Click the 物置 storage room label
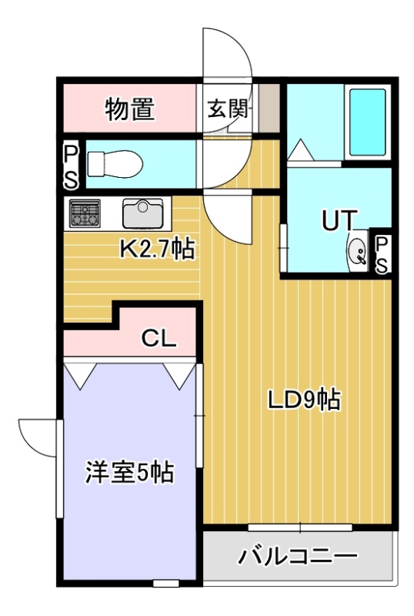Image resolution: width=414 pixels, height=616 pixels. point(129,109)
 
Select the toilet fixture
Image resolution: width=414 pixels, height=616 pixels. point(115,163)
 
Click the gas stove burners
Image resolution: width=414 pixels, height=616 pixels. point(85,213)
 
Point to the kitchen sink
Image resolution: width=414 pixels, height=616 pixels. point(142,213)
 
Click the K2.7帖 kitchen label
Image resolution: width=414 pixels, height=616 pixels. point(157,249)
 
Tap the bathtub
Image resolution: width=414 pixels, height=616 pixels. point(368,122)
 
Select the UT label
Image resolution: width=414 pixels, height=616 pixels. point(340,220)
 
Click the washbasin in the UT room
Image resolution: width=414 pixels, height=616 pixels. point(358,251)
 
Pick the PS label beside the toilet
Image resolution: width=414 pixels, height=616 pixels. point(72,166)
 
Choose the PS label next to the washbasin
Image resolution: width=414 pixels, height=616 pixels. point(382,255)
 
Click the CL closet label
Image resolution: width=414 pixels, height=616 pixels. point(159,338)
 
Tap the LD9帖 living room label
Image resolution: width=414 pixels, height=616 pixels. point(304,399)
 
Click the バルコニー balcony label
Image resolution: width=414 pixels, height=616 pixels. point(299,556)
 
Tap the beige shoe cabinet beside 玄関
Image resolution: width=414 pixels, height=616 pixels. point(269,108)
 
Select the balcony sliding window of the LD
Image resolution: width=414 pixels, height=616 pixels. point(300,527)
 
